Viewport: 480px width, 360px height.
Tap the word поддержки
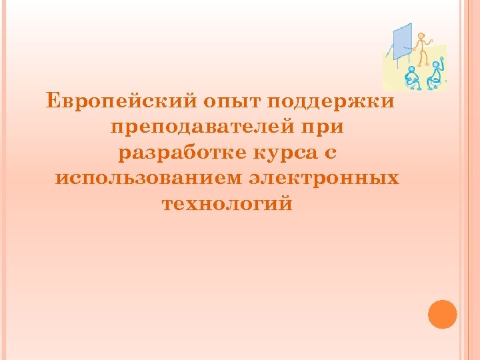click(x=331, y=102)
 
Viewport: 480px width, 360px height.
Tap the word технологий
click(x=227, y=203)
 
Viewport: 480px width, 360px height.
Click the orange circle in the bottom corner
click(x=442, y=315)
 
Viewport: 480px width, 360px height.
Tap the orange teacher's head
click(x=421, y=35)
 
